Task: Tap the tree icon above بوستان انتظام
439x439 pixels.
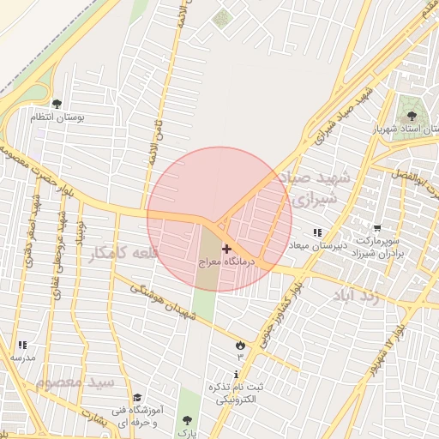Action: [x=57, y=104]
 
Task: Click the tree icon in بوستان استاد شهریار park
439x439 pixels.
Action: [x=410, y=113]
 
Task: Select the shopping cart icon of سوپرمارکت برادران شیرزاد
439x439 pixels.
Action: [x=376, y=227]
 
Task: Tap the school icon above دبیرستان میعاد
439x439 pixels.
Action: [x=317, y=232]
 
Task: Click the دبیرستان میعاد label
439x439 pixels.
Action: [x=318, y=246]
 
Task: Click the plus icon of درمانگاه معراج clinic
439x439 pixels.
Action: [x=226, y=250]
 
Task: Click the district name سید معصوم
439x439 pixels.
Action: [x=76, y=381]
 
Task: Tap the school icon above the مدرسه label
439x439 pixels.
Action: [x=22, y=344]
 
